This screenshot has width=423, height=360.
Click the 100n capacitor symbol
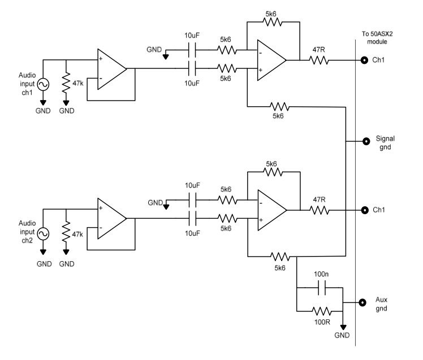click(x=322, y=288)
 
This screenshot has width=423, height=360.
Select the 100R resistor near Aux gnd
click(x=322, y=311)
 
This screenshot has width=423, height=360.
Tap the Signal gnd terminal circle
click(x=366, y=141)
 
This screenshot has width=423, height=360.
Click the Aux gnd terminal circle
click(x=362, y=302)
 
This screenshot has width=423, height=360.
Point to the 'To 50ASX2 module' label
click(x=377, y=38)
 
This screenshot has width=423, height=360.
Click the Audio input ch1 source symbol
click(x=43, y=84)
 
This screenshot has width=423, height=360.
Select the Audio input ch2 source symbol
click(x=43, y=234)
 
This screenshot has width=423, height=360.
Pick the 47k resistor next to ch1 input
click(x=66, y=83)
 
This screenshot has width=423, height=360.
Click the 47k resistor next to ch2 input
click(x=66, y=232)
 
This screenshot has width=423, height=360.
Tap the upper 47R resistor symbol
click(x=319, y=60)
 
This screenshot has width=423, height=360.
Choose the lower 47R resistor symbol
click(x=320, y=210)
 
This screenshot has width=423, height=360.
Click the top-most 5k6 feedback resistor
click(x=273, y=22)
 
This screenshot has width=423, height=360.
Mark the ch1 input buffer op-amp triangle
click(x=112, y=69)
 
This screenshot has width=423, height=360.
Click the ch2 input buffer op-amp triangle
click(x=112, y=218)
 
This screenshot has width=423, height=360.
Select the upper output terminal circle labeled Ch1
click(x=364, y=60)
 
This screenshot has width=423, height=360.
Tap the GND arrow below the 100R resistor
click(x=343, y=327)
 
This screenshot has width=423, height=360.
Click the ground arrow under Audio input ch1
click(x=43, y=103)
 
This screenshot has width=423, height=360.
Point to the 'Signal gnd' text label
click(x=385, y=142)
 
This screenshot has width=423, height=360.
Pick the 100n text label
click(x=321, y=274)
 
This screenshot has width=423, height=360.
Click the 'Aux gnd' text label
click(x=381, y=304)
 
